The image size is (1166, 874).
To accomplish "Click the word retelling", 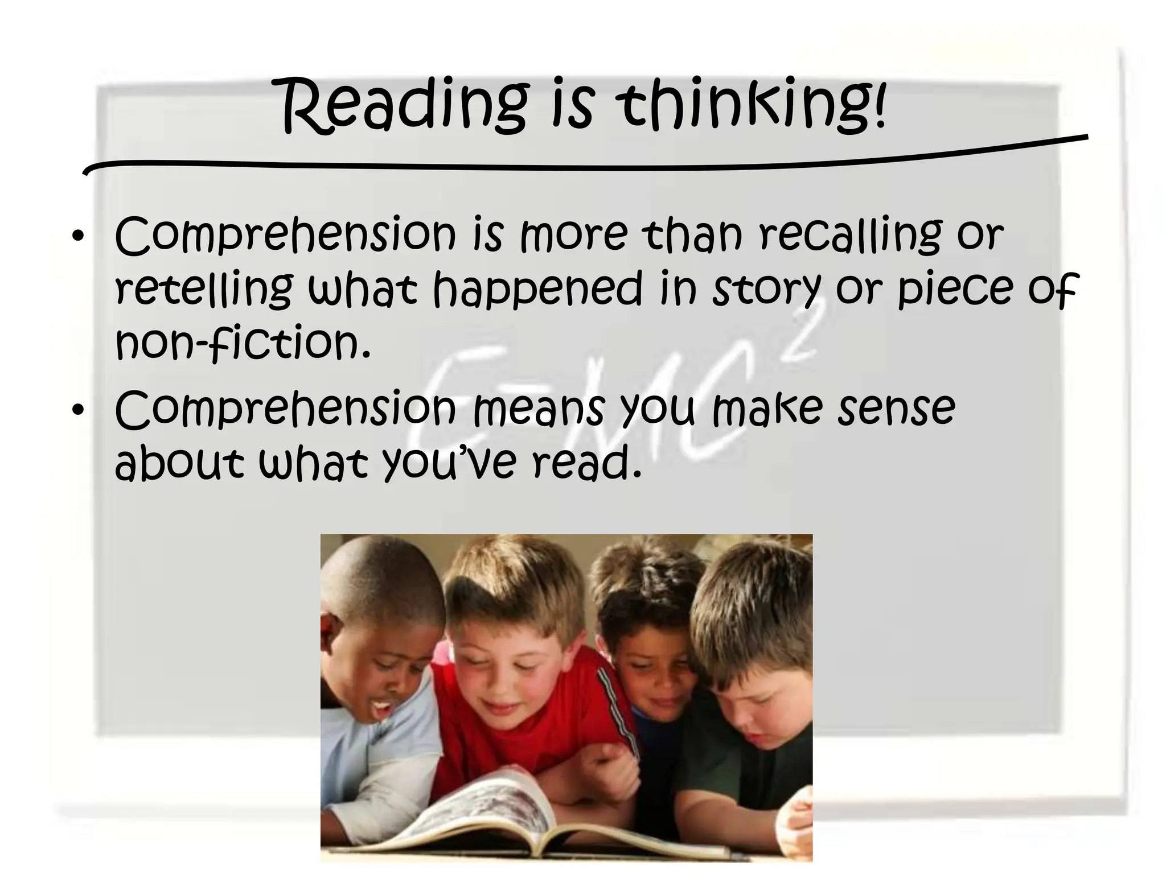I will tap(204, 288).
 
